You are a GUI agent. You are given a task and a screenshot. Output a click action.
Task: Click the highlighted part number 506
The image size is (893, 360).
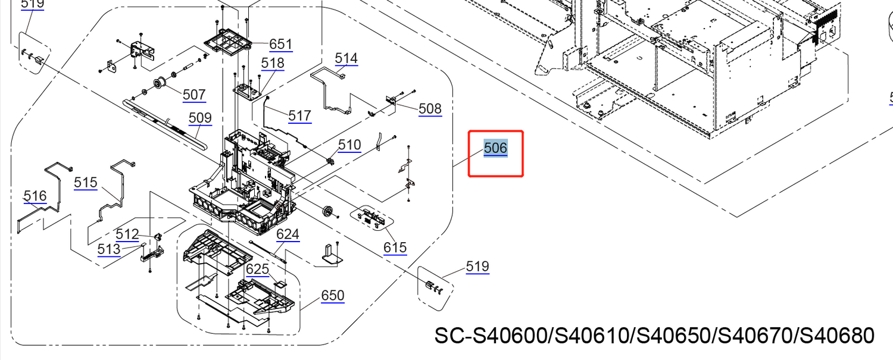pos(495,148)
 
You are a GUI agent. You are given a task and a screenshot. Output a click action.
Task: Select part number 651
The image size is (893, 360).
pos(281,44)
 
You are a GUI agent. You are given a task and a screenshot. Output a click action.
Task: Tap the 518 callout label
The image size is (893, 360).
pos(273,63)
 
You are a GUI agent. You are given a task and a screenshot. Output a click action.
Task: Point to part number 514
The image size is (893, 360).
pos(346,58)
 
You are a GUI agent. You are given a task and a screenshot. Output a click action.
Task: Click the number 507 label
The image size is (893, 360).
pos(194,95)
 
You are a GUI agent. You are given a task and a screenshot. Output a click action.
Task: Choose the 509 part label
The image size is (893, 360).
pos(200,118)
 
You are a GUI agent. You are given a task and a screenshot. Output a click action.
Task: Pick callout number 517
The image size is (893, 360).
pos(300,115)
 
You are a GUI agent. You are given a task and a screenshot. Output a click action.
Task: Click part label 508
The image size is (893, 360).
pos(430,108)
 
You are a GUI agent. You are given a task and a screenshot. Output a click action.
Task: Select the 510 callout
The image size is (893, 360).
pos(349,145)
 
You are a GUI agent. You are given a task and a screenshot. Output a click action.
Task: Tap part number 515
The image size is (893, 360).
pos(86,183)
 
